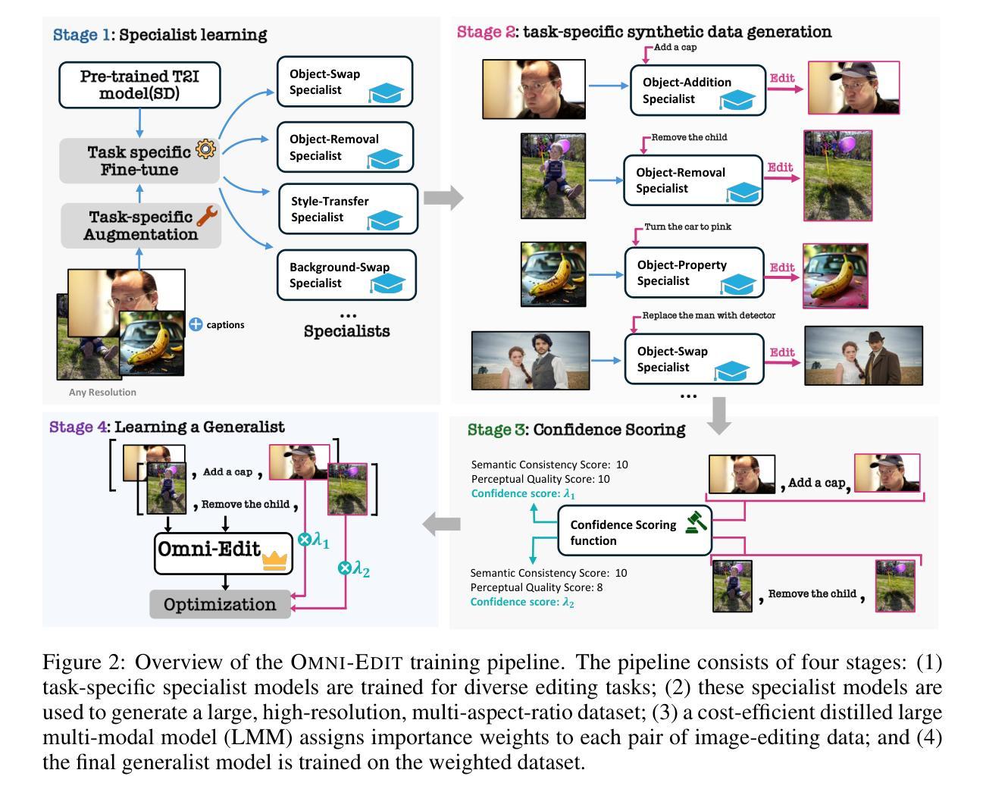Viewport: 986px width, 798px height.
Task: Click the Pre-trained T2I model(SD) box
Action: point(139,85)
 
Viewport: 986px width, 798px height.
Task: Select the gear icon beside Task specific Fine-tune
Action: point(205,149)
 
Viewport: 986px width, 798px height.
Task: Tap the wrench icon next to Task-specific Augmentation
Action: point(207,216)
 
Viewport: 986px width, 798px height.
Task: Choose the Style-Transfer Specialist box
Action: point(348,209)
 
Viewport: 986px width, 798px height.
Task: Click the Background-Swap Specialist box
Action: point(346,275)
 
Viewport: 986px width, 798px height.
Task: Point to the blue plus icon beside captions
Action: point(196,324)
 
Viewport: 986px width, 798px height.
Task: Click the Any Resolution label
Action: point(102,392)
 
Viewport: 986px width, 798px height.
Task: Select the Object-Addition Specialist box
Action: point(698,90)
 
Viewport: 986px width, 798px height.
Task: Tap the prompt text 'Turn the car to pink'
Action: point(687,227)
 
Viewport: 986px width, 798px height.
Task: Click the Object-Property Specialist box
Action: point(694,273)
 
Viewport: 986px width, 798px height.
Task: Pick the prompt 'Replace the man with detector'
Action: point(709,315)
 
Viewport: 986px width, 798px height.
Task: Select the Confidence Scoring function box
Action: point(634,531)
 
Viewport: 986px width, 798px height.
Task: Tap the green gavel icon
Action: point(696,521)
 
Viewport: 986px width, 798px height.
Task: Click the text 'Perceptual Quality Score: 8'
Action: point(537,587)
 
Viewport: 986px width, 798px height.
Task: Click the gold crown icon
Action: point(274,560)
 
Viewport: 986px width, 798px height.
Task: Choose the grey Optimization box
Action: point(220,604)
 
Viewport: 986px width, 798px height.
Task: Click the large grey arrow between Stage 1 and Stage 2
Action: point(443,198)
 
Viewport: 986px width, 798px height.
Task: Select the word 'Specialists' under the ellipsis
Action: point(347,331)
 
